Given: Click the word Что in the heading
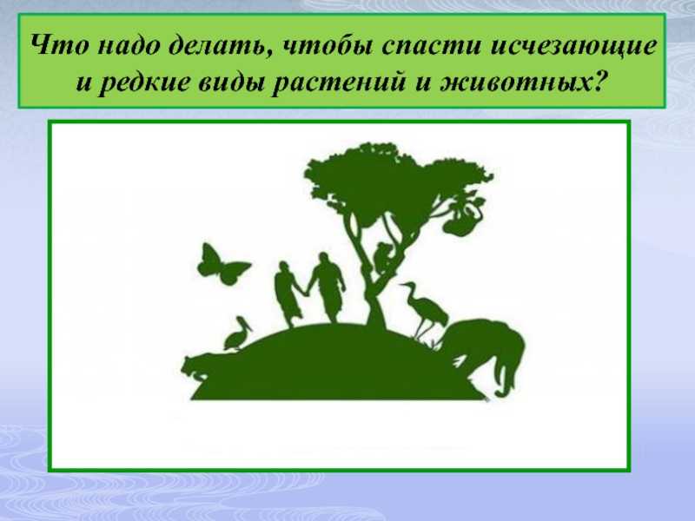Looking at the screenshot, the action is (59, 45).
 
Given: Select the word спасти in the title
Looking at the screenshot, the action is (431, 47).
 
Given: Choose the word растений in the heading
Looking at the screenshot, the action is (339, 83).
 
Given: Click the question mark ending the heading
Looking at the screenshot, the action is (599, 82).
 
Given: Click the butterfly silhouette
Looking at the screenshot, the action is (223, 265).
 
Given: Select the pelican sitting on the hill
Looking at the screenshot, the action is (237, 333).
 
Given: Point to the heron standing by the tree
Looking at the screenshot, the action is (423, 310).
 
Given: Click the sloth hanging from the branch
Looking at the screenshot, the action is (463, 217).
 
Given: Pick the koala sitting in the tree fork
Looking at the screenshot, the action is (383, 257).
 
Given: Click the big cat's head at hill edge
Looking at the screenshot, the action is (195, 367).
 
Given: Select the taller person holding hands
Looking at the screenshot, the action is (328, 287).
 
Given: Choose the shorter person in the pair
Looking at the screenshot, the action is (287, 293).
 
